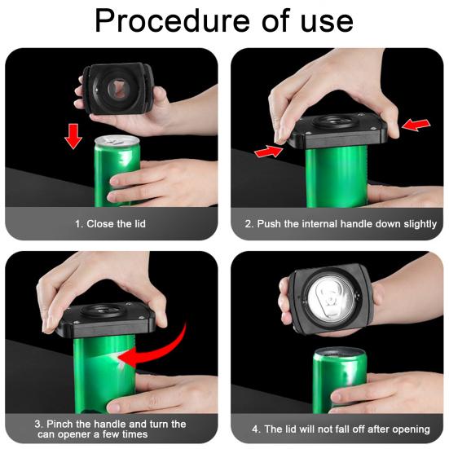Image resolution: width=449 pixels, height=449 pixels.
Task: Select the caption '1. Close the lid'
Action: pyautogui.click(x=111, y=223)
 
